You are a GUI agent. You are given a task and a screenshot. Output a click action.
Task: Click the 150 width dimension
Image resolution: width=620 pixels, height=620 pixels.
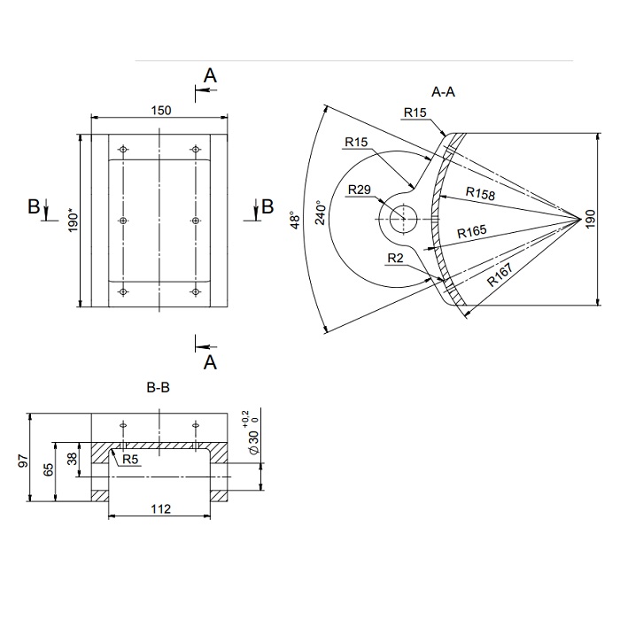coord(161,111)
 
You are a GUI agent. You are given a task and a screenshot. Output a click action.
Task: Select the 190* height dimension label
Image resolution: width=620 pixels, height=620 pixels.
coord(74,222)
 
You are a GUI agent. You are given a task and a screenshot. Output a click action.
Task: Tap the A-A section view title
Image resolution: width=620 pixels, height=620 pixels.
coord(443,92)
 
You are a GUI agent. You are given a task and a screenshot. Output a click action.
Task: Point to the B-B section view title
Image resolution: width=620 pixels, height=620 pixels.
coord(159,388)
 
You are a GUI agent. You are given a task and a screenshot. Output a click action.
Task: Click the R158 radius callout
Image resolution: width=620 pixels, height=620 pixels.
coord(480,193)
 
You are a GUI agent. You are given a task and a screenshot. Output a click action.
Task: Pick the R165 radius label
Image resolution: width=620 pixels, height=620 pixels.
coord(472,231)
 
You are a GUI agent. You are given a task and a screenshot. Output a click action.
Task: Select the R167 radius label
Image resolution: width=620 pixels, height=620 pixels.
coord(500,275)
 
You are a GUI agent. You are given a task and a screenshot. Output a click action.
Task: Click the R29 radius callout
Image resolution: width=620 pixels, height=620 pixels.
coord(360,190)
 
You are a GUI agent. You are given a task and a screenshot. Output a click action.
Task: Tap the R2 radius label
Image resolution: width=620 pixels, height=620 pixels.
coord(395,259)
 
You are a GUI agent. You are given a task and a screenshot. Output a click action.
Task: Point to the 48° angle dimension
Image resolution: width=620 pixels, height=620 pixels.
coord(295,220)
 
